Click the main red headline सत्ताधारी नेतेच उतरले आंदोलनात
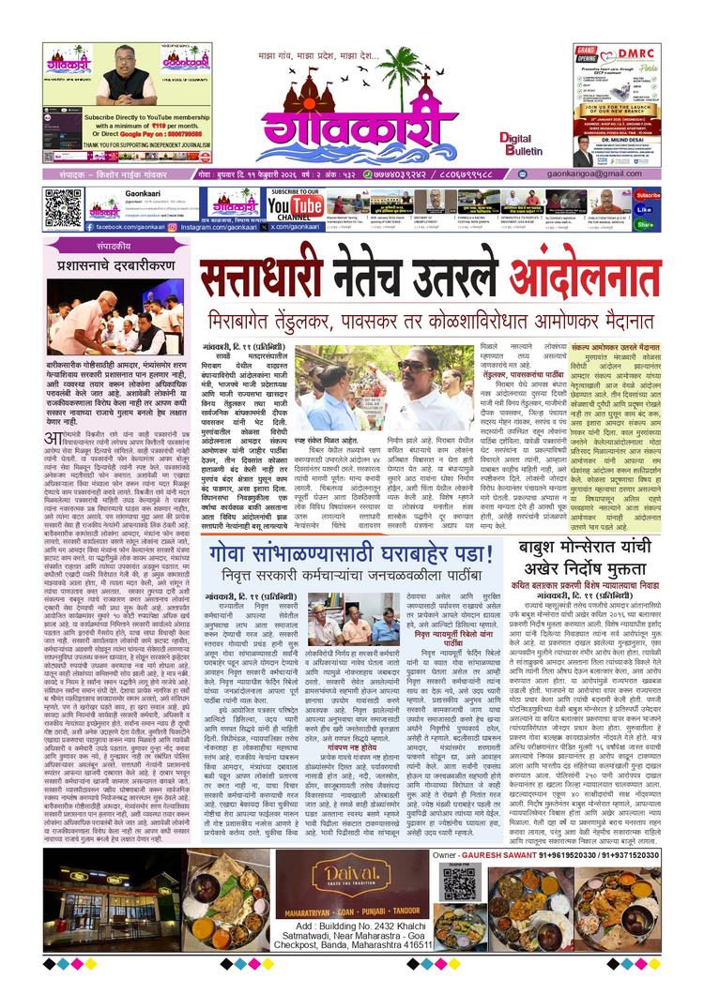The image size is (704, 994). point(430,279)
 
